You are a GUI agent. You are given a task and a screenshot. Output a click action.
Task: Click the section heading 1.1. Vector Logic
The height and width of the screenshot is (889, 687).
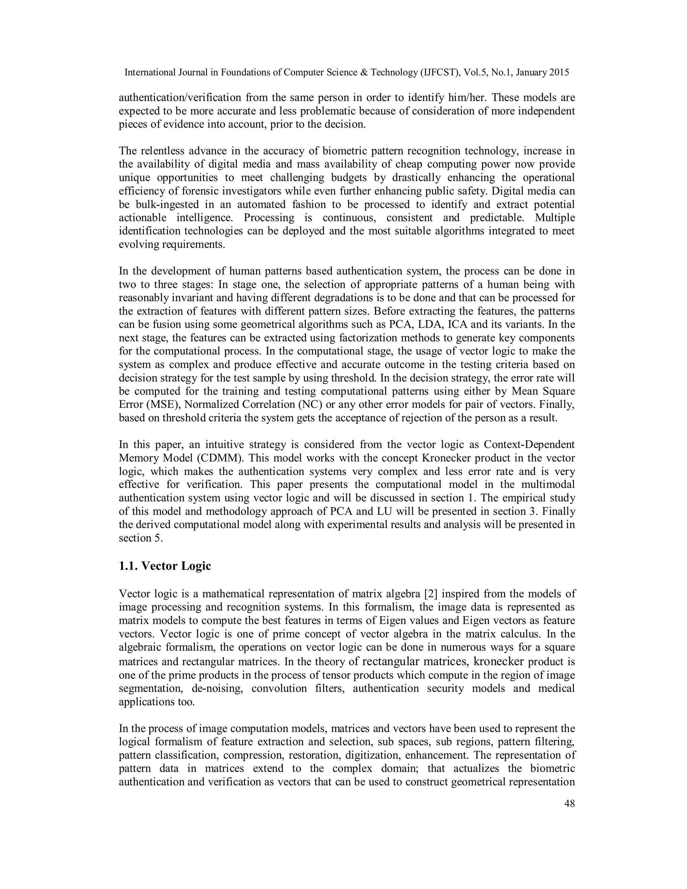[165, 566]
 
